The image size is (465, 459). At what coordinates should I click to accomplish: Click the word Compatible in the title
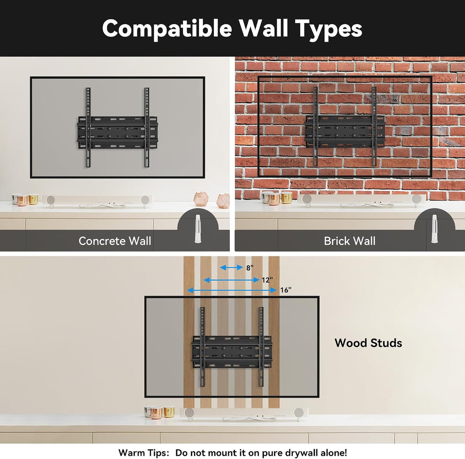(167, 29)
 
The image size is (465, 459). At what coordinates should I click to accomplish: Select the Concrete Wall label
(115, 241)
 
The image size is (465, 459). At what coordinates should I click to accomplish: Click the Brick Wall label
(350, 241)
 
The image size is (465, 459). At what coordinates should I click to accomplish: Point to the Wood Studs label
(368, 343)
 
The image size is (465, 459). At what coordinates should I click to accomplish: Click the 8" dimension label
(250, 268)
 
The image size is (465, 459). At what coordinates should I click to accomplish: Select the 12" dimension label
(267, 280)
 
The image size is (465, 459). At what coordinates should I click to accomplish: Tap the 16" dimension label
(286, 290)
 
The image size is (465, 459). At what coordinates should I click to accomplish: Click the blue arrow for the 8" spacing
(231, 267)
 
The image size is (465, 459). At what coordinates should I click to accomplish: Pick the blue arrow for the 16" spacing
(232, 290)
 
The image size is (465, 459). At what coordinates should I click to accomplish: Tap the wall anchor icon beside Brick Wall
(434, 229)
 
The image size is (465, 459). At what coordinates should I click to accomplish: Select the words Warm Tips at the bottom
(144, 453)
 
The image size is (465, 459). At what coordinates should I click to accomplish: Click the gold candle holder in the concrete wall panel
(33, 199)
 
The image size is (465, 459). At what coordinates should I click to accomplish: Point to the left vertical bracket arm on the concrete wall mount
(88, 128)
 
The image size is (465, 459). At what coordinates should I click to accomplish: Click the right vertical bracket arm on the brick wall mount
(374, 126)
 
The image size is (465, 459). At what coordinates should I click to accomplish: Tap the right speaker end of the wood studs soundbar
(299, 413)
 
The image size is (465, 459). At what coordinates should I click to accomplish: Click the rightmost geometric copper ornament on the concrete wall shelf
(223, 200)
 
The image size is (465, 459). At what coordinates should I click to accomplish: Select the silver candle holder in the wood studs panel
(148, 412)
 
